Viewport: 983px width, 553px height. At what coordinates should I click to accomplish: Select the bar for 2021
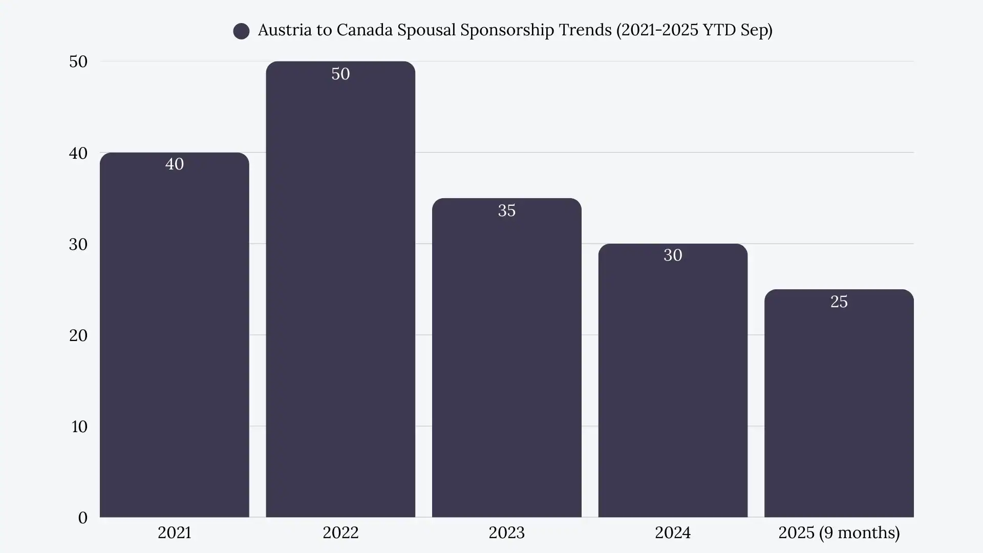click(174, 338)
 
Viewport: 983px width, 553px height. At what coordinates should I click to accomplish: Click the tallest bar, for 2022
click(340, 292)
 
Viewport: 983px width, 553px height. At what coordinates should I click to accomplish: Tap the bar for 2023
click(506, 358)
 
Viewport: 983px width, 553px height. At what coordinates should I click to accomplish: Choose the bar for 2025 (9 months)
click(839, 405)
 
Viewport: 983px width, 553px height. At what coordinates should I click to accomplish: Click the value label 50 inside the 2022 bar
click(340, 74)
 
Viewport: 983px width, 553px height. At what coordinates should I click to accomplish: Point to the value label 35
click(506, 210)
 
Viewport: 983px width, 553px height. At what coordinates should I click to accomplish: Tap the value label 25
click(839, 302)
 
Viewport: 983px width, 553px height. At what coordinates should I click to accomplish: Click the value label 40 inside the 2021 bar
click(174, 164)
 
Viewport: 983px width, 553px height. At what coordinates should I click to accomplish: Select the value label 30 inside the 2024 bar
click(673, 255)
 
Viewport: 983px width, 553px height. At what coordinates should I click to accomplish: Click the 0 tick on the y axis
click(82, 518)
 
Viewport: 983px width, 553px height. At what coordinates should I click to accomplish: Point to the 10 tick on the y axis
click(79, 427)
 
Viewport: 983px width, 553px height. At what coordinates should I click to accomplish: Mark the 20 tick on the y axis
click(78, 335)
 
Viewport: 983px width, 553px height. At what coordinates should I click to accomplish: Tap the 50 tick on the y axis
click(78, 61)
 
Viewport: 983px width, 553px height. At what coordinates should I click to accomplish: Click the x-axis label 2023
click(506, 533)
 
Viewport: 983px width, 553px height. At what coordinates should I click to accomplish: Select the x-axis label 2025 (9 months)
click(839, 533)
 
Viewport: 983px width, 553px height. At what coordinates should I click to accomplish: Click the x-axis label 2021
click(174, 533)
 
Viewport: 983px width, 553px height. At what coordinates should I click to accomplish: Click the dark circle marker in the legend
click(241, 31)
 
